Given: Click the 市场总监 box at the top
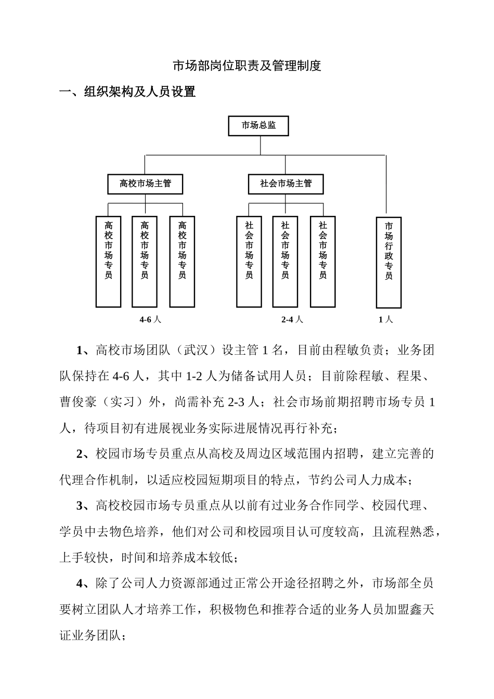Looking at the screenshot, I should tap(258, 126).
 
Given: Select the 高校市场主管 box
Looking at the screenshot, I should tap(145, 184).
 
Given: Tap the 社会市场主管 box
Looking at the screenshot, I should tap(286, 184).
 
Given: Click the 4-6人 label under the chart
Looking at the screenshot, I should tap(150, 319).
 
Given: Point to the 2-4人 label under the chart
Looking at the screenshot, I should tap(292, 319).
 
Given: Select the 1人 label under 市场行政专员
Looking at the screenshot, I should tap(385, 319).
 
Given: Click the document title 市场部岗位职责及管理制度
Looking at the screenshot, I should tap(247, 66).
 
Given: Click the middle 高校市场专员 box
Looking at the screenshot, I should tap(145, 261).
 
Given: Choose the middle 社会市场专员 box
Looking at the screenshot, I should tap(285, 261).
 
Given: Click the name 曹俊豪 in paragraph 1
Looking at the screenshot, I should tap(78, 402).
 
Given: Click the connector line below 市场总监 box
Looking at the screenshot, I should tap(260, 145).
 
